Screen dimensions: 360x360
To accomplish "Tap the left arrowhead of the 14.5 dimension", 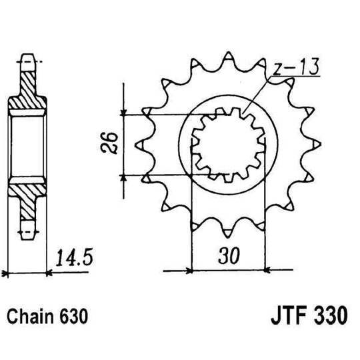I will (x=7, y=271).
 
